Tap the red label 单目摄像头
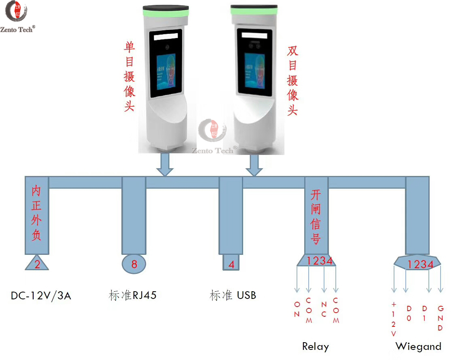(129, 77)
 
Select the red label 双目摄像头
(292, 80)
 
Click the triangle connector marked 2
(37, 264)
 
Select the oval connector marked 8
(134, 264)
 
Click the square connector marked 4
(231, 264)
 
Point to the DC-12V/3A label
(41, 296)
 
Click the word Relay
(316, 347)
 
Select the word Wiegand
(418, 347)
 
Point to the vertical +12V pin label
(394, 320)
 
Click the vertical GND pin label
(441, 318)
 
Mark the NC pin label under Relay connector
(324, 309)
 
